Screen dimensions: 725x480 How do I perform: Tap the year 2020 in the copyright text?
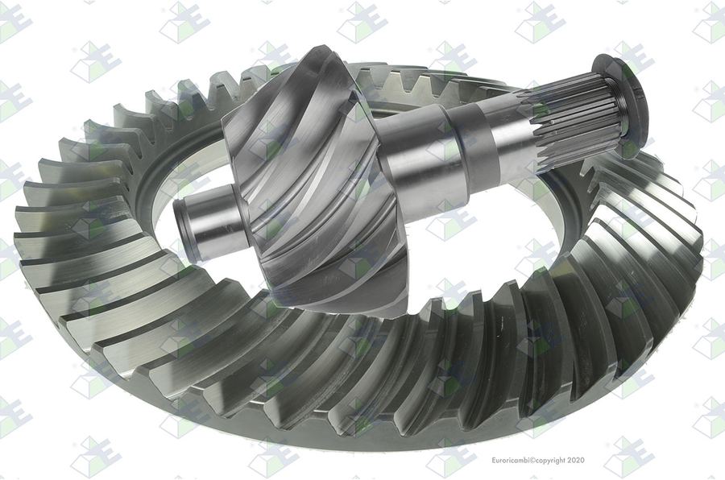575,460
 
